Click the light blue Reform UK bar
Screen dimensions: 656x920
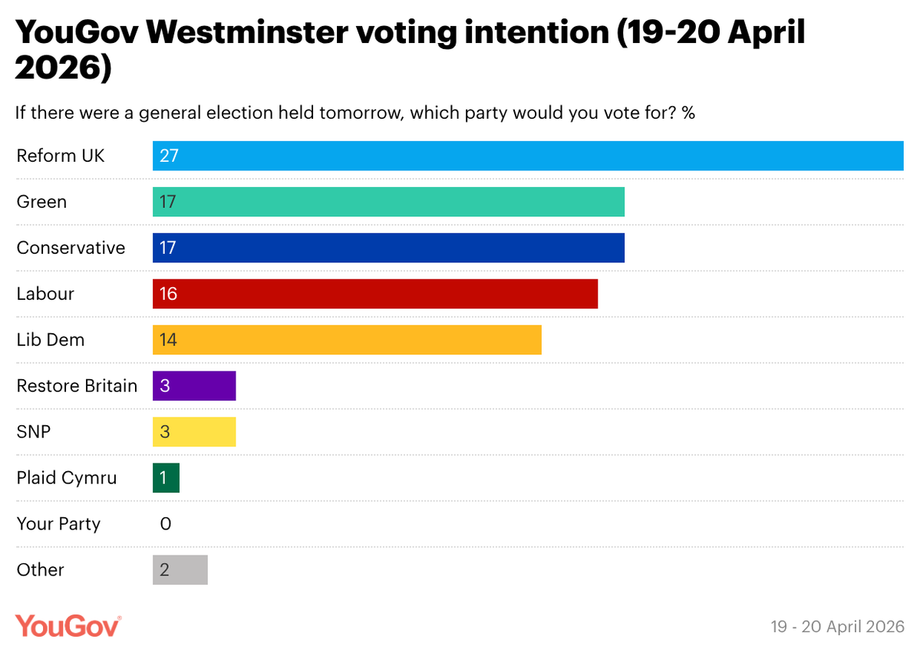[528, 156]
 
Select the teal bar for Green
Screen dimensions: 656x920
[388, 202]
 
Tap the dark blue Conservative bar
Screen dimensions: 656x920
[388, 248]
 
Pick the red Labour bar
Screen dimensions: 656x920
[375, 294]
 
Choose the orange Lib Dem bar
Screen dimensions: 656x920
[347, 340]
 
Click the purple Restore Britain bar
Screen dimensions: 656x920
[194, 386]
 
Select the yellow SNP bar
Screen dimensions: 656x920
[194, 432]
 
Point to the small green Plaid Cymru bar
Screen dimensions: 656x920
[166, 478]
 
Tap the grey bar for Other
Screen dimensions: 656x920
[180, 570]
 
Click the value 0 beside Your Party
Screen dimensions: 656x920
[166, 524]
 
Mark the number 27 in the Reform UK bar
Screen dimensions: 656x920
[169, 156]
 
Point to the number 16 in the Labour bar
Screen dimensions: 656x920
[168, 294]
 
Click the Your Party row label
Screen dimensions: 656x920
[58, 524]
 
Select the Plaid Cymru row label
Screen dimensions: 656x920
[67, 478]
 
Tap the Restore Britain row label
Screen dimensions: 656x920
[77, 386]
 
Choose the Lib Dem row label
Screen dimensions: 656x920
[51, 340]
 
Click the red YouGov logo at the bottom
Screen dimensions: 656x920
[68, 625]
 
